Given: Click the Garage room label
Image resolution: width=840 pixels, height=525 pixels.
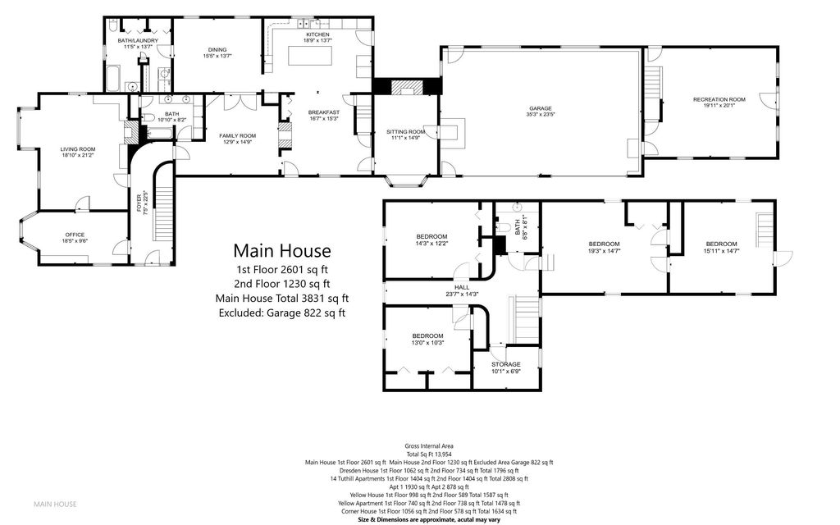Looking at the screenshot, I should pyautogui.click(x=540, y=109).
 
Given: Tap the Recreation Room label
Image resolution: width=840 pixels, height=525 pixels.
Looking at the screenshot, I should pyautogui.click(x=719, y=100).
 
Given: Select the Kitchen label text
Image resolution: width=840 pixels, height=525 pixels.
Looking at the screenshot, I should pyautogui.click(x=317, y=34).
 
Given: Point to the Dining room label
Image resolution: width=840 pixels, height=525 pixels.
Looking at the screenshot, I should pyautogui.click(x=216, y=50).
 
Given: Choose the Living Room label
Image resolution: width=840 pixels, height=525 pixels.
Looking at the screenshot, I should pyautogui.click(x=77, y=149).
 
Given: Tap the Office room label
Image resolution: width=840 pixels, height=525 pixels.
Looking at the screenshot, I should pyautogui.click(x=75, y=235).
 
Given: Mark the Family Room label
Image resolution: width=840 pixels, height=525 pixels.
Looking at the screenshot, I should pyautogui.click(x=237, y=135).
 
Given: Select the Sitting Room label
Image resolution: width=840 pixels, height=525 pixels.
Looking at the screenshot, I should pyautogui.click(x=405, y=132).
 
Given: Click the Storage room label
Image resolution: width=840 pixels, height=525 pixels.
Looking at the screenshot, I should pyautogui.click(x=505, y=363).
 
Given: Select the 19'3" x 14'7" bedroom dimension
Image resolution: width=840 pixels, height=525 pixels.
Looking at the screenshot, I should pyautogui.click(x=604, y=251).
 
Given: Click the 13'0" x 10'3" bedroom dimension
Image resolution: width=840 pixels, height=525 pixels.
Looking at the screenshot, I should pyautogui.click(x=427, y=343).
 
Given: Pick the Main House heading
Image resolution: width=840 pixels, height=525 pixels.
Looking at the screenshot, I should pyautogui.click(x=281, y=250).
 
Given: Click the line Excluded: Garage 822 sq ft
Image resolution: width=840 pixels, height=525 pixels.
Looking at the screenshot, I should pyautogui.click(x=281, y=313).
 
